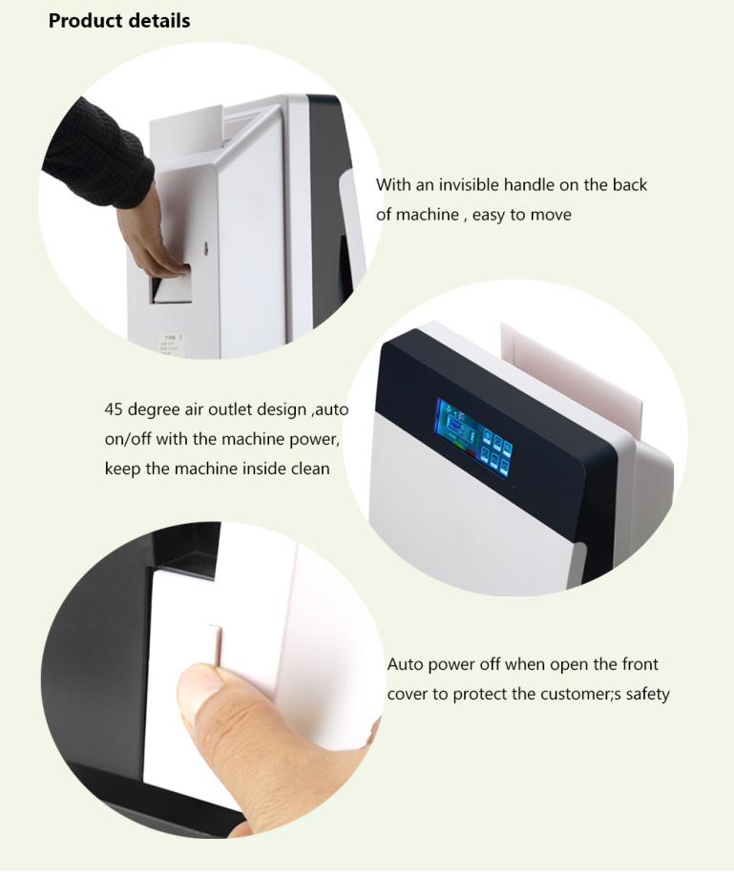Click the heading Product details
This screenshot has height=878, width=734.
(119, 21)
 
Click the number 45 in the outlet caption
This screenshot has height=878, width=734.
(114, 409)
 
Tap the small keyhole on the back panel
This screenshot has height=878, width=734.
(206, 247)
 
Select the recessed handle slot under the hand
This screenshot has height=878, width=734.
(170, 288)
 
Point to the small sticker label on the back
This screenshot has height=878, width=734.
(172, 342)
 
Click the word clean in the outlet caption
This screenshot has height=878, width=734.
(310, 469)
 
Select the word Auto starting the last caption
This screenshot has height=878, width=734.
(406, 664)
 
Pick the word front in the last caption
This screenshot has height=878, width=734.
(640, 664)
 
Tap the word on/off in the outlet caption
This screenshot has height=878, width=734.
(128, 438)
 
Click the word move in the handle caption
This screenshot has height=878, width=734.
(551, 215)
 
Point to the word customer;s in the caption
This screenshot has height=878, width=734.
(580, 695)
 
